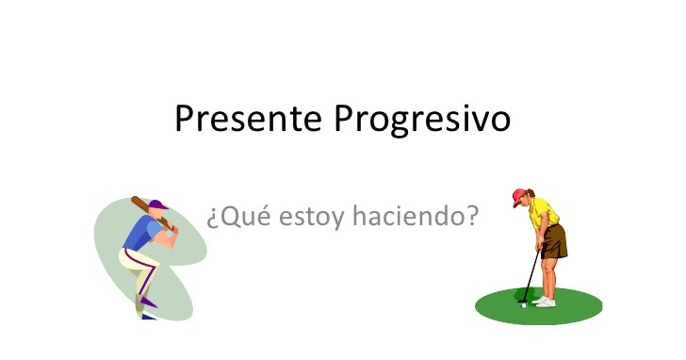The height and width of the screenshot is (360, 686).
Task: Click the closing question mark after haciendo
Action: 472,217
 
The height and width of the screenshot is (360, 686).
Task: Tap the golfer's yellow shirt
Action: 543,212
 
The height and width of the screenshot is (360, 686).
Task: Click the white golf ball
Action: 524,304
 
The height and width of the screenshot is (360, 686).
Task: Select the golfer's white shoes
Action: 545,302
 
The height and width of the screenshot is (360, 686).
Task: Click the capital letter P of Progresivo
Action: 345,120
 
